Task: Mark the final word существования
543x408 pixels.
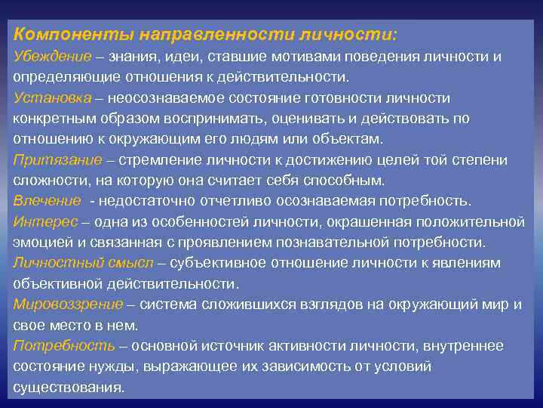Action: [x=69, y=387]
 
